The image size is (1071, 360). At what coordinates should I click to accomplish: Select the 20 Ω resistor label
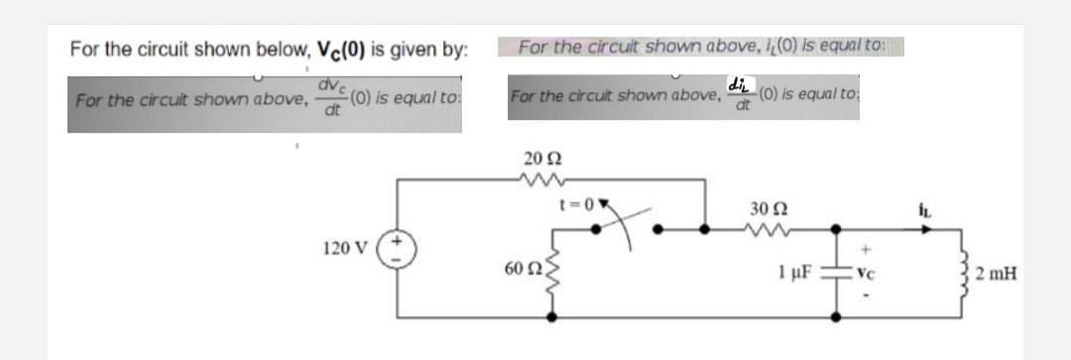[536, 159]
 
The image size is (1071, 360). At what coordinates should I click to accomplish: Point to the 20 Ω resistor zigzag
[536, 180]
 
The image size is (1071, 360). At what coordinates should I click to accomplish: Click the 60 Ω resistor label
[521, 270]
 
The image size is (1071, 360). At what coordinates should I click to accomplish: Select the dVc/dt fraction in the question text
[332, 100]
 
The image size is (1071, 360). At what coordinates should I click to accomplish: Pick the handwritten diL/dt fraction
[741, 93]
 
